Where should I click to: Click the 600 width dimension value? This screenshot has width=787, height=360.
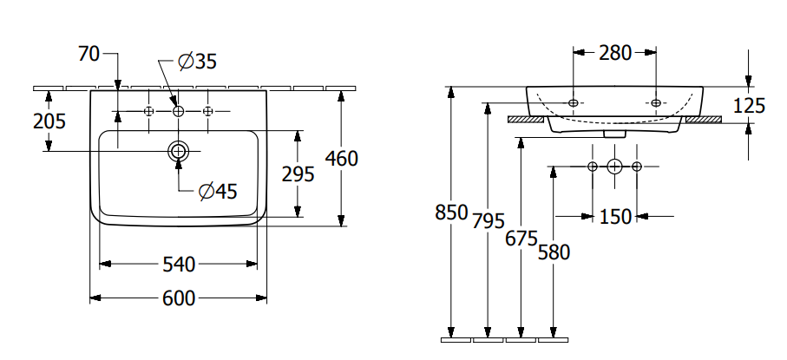point(178,298)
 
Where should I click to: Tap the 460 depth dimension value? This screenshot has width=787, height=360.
point(341,158)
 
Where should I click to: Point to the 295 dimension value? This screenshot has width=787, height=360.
point(298,173)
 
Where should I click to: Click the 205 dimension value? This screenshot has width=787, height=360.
point(49,121)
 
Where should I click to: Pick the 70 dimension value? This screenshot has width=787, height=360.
point(89,55)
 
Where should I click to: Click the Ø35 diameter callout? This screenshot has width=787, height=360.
point(197,62)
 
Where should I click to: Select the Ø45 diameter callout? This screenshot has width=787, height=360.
point(217,191)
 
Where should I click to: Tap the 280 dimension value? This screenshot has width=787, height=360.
point(615,53)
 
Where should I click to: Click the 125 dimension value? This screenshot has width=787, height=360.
point(749,106)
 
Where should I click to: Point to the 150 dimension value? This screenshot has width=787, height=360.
point(615,216)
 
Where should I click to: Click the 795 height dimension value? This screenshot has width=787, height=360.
point(489,221)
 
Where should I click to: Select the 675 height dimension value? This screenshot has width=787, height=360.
point(521,239)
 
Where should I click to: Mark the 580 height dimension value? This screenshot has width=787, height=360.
point(553,252)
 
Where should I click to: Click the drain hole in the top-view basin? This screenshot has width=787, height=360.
point(178,151)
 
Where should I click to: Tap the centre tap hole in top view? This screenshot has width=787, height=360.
point(178,111)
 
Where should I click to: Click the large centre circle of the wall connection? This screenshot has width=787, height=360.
point(614,166)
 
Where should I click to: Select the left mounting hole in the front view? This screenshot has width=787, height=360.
point(573,102)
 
